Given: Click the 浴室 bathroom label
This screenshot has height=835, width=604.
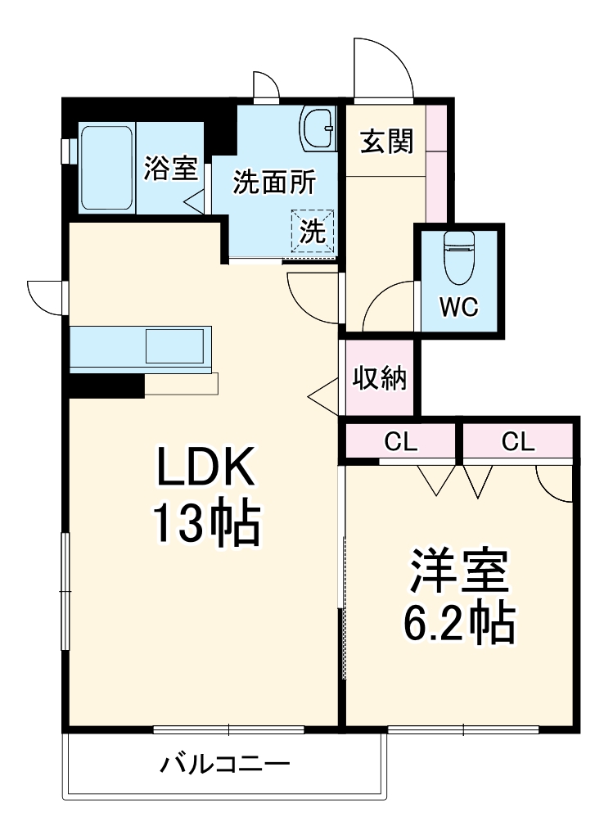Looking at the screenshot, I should tap(171, 169).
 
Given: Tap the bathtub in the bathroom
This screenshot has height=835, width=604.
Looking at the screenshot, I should tap(106, 168).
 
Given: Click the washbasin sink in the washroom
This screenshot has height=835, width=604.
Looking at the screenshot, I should tap(318, 129).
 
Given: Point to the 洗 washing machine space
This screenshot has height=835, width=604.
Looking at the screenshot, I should tap(312, 230).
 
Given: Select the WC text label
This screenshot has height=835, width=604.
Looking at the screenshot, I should tap(458, 309).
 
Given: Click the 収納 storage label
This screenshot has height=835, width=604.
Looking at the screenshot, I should tap(381, 378).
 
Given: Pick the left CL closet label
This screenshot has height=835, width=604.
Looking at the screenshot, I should tap(401, 442).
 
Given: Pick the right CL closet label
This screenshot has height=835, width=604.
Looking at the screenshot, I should tap(517, 442).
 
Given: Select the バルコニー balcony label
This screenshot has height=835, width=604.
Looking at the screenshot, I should tap(224, 765).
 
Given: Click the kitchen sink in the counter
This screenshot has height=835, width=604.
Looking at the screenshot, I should tap(174, 346).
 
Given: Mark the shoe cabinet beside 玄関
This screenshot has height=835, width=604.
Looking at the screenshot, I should tap(436, 164).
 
